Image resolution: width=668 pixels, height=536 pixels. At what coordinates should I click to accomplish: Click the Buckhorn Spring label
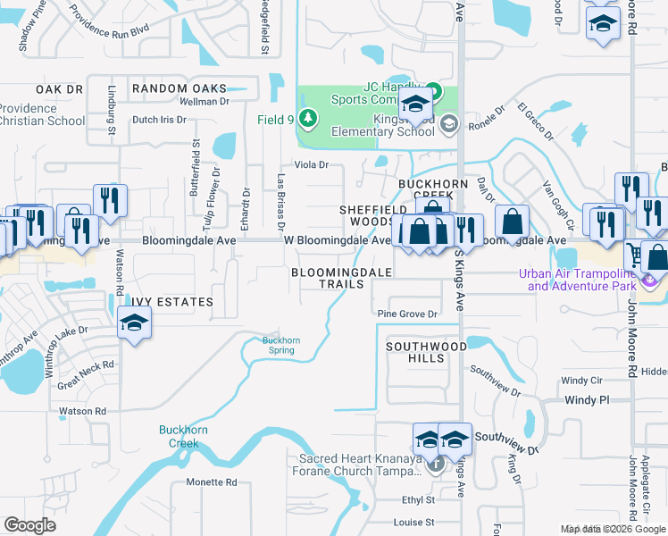click(281, 344)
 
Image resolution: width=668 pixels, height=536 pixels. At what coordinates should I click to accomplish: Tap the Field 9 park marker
click(307, 118)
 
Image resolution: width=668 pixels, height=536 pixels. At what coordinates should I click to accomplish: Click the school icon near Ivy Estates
click(134, 322)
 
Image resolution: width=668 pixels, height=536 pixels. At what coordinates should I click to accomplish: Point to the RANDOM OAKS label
click(179, 88)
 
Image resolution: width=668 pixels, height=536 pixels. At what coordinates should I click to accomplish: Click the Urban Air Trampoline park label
click(584, 281)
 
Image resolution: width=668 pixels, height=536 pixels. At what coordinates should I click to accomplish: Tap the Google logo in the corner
click(29, 524)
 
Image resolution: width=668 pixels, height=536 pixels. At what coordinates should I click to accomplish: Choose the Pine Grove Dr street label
click(407, 314)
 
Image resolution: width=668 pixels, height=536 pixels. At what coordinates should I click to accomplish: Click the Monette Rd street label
click(212, 482)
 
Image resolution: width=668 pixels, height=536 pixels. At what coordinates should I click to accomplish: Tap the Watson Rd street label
click(82, 411)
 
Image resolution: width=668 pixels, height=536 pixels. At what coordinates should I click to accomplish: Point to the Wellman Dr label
click(205, 102)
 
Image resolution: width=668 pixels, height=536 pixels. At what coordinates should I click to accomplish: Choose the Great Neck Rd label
click(86, 364)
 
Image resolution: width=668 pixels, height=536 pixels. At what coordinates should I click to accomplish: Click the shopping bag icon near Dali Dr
click(512, 221)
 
